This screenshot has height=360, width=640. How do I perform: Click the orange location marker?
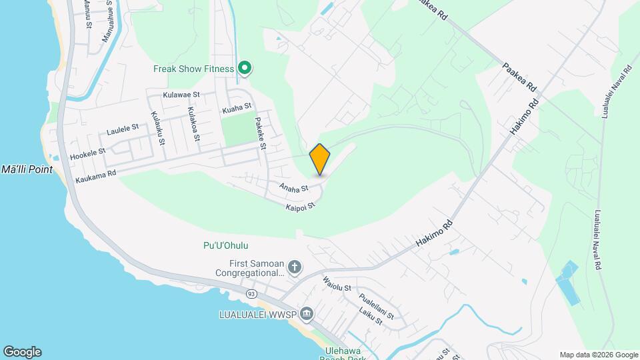(320, 159)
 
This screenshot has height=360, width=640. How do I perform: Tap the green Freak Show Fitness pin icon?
(245, 67)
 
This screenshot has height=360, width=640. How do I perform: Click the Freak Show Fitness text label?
(193, 69)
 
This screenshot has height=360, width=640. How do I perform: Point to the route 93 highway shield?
(251, 293)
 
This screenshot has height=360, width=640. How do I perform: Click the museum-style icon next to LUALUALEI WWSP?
(307, 313)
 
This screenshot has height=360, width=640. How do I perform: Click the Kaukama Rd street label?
(95, 176)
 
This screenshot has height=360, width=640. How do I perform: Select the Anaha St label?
(294, 189)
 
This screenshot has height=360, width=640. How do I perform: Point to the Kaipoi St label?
(300, 207)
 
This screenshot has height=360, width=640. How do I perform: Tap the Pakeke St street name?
(261, 133)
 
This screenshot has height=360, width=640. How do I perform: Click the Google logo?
(22, 352)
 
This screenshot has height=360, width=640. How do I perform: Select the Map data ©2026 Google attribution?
(599, 355)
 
